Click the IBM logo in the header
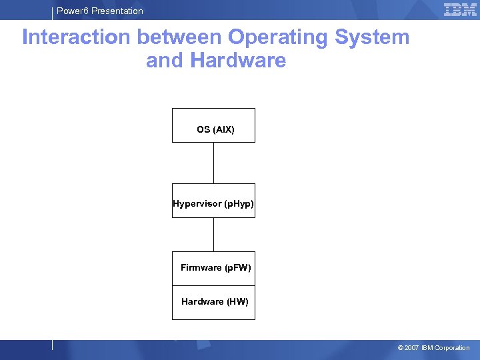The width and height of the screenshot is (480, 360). [x=460, y=9]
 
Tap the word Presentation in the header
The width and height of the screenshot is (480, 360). [x=117, y=11]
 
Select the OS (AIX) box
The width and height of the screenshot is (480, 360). [x=213, y=125]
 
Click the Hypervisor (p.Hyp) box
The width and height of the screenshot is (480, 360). [x=213, y=201]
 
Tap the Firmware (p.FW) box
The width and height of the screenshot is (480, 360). [x=213, y=268]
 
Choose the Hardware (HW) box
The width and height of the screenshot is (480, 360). [x=213, y=303]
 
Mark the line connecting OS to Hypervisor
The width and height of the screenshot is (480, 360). [x=213, y=163]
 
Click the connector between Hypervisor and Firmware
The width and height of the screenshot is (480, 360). [x=213, y=234]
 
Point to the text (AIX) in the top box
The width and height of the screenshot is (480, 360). [x=224, y=129]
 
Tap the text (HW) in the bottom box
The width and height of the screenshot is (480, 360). [x=238, y=302]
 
